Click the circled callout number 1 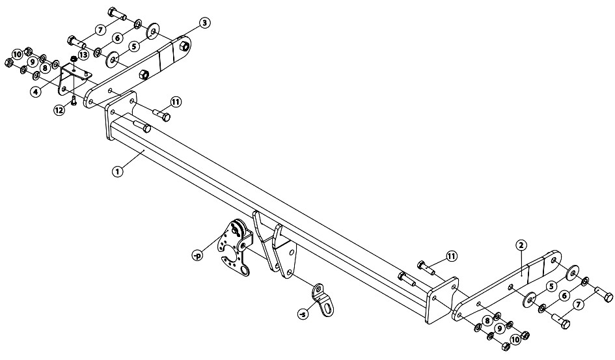[x=117, y=171]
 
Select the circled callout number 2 [x=521, y=245]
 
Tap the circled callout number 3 [x=204, y=23]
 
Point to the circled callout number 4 [x=36, y=92]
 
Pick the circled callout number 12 [x=59, y=110]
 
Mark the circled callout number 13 [x=83, y=55]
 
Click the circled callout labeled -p [x=197, y=256]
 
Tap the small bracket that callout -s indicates [x=323, y=299]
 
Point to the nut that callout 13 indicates [x=74, y=59]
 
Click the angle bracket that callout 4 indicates [x=74, y=81]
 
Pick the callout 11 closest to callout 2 [x=452, y=256]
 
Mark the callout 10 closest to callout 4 [x=17, y=54]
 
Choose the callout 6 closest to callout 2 [x=564, y=296]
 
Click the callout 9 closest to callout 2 [x=500, y=328]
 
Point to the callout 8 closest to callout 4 [x=45, y=68]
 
